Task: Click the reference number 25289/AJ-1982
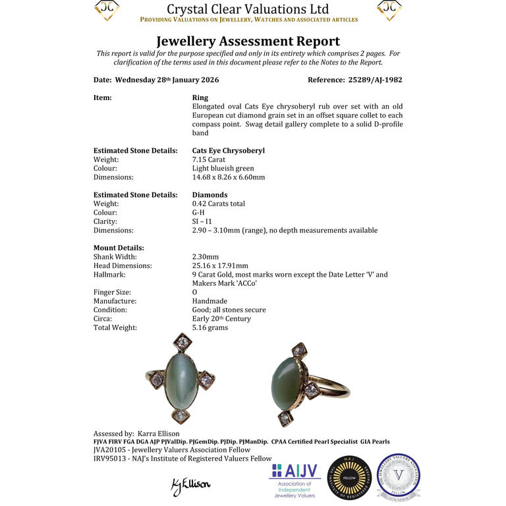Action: tap(374, 80)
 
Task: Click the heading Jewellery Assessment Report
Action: tap(248, 42)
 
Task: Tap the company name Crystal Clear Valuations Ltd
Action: tap(248, 9)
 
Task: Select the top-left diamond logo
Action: tap(107, 10)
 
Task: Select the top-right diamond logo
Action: tap(389, 10)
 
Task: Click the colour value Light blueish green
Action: tap(223, 169)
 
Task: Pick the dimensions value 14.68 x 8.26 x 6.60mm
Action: tap(228, 177)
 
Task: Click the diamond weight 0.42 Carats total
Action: tap(218, 204)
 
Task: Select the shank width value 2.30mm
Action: tap(205, 257)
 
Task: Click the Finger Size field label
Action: tap(112, 293)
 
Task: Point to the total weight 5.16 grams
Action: tap(210, 327)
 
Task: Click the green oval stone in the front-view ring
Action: tap(181, 379)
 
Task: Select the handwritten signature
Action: tap(191, 486)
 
